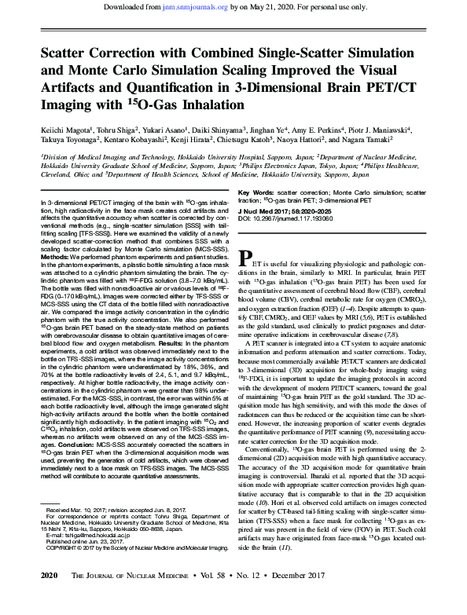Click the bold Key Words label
tap(256, 192)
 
